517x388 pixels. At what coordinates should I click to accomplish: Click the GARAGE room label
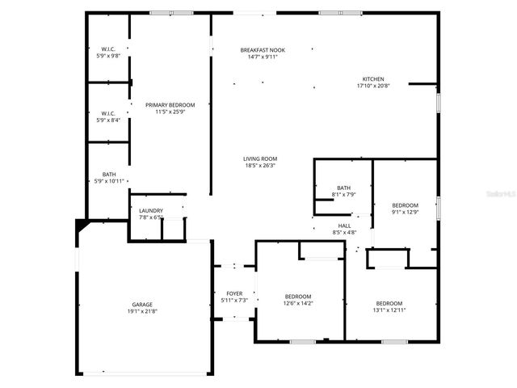(x=142, y=305)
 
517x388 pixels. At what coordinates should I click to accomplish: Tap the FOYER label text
(x=234, y=294)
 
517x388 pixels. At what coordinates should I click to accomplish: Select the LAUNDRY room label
(x=151, y=211)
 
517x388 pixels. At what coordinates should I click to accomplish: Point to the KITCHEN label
(x=372, y=78)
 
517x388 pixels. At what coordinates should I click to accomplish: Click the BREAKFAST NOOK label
(x=259, y=50)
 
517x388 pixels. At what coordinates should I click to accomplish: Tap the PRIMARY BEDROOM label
(x=170, y=104)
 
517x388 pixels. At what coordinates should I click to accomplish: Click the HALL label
(x=344, y=226)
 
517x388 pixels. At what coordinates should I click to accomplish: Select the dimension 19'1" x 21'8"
(x=142, y=311)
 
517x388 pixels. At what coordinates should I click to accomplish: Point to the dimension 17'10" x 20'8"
(x=372, y=85)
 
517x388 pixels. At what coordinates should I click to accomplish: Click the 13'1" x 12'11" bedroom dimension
(x=389, y=310)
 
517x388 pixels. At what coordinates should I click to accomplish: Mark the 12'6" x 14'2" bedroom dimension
(x=298, y=303)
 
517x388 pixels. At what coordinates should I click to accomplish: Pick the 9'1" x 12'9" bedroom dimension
(x=406, y=212)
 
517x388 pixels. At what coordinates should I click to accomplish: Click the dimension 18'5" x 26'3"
(x=260, y=166)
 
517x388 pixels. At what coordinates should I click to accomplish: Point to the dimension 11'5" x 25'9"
(x=170, y=111)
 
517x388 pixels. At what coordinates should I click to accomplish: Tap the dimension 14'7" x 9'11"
(x=259, y=57)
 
